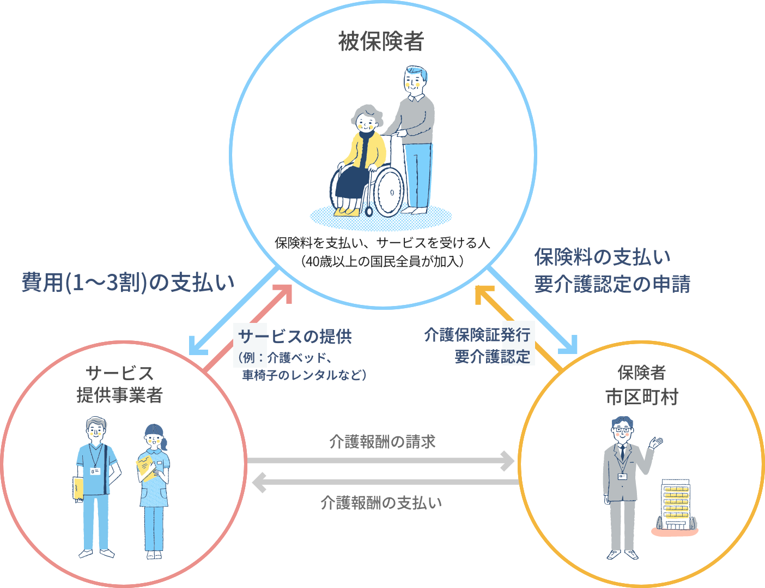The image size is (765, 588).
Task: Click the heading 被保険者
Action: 381,41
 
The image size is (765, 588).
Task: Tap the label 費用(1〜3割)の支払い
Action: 128,283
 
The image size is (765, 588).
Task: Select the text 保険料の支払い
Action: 602,257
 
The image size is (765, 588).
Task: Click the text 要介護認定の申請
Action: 612,284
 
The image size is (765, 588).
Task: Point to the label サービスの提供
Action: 295,337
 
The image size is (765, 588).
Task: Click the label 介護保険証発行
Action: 477,334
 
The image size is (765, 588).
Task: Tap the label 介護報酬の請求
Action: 382,441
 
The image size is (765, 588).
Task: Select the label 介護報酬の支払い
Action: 381,502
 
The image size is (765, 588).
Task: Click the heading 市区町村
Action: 641,397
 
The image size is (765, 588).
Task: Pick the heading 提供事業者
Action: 120,395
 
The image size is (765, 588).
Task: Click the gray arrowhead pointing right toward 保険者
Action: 507,461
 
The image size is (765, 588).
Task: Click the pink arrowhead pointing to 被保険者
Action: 284,292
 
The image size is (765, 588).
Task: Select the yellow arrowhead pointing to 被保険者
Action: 483,293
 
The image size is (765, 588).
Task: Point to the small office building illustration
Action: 675,506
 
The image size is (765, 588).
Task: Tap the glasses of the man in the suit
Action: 622,430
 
